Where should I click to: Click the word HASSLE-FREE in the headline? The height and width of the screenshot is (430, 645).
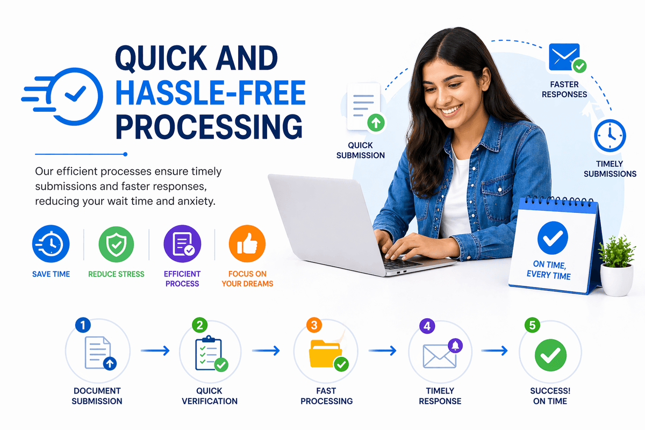tap(211, 92)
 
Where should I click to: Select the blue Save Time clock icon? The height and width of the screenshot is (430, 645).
tap(51, 243)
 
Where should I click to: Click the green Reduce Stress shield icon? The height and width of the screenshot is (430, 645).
tap(116, 244)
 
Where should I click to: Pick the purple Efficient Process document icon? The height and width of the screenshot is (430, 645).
tap(182, 243)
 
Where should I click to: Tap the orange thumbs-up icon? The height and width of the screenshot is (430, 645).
tap(247, 243)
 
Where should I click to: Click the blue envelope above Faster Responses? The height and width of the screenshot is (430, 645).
tap(564, 57)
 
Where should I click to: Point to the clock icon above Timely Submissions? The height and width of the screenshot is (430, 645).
tap(610, 135)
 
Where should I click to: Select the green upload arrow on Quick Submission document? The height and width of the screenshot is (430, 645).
tap(376, 123)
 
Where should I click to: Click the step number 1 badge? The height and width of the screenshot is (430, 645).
tap(83, 325)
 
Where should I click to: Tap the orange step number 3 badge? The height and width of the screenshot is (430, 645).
tap(314, 325)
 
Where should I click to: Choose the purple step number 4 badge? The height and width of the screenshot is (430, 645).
tap(427, 326)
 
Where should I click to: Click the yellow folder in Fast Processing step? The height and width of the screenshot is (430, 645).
tap(325, 353)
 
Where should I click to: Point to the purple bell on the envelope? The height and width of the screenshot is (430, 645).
tap(455, 345)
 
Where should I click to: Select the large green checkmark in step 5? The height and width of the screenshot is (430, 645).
tap(550, 355)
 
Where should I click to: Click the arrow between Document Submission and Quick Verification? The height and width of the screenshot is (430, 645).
tap(155, 350)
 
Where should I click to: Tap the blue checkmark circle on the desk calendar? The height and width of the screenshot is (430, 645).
tap(553, 238)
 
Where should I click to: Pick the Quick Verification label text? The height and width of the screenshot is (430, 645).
tap(210, 396)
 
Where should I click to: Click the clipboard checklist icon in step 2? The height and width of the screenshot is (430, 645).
tap(209, 353)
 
